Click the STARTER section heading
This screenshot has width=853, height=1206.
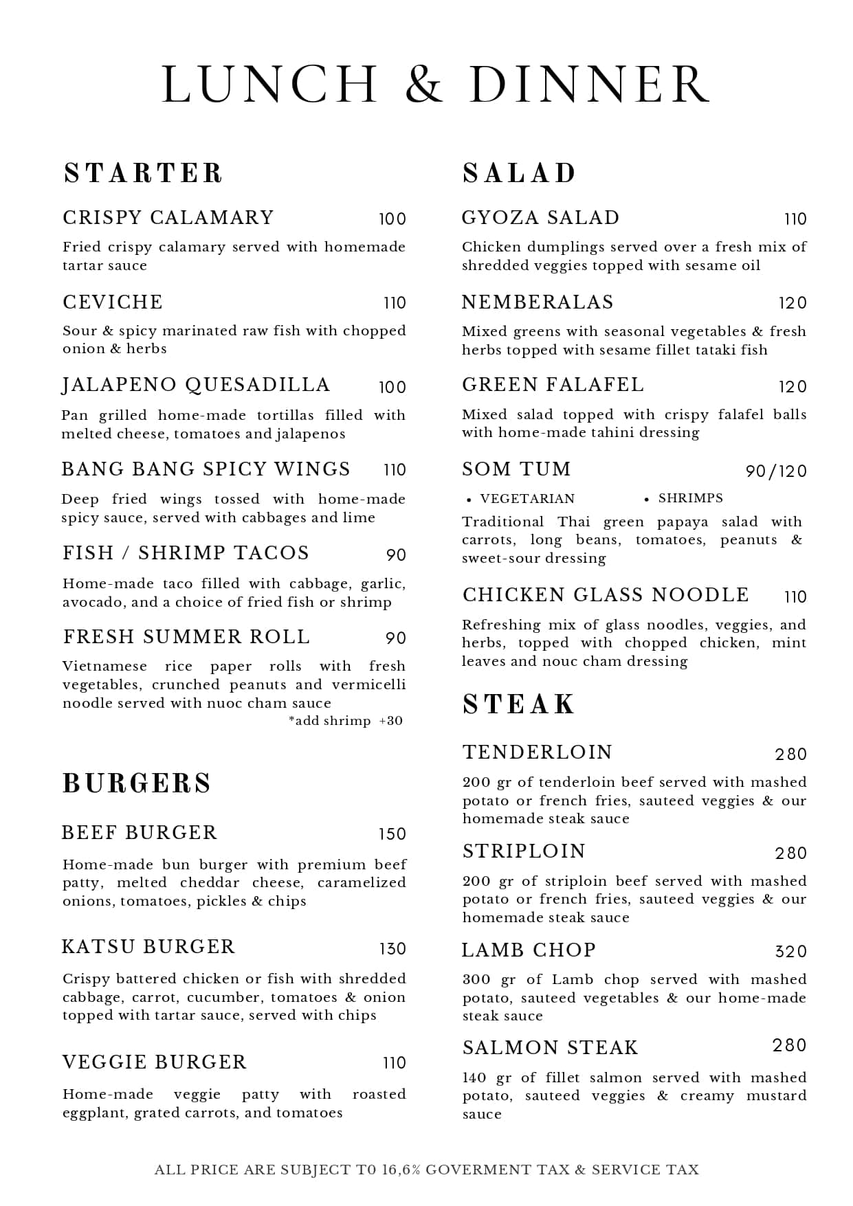pyautogui.click(x=144, y=173)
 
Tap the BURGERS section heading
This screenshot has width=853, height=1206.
pyautogui.click(x=137, y=783)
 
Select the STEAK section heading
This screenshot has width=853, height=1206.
pyautogui.click(x=518, y=704)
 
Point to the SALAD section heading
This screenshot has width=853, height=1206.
pyautogui.click(x=519, y=173)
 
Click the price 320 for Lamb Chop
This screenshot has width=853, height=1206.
pyautogui.click(x=790, y=952)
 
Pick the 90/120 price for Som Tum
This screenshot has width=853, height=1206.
pyautogui.click(x=776, y=471)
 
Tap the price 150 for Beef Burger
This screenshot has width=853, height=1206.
pyautogui.click(x=392, y=834)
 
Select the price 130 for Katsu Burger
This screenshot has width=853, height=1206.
pyautogui.click(x=392, y=949)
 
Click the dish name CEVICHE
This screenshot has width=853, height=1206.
pyautogui.click(x=113, y=302)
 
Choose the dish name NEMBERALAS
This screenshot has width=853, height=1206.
pyautogui.click(x=538, y=302)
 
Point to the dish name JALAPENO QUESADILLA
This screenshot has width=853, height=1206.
pyautogui.click(x=196, y=385)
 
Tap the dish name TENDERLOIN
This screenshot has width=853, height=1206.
pyautogui.click(x=538, y=752)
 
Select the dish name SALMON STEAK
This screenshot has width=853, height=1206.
pyautogui.click(x=550, y=1048)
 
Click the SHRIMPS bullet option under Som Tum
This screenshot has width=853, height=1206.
pyautogui.click(x=690, y=498)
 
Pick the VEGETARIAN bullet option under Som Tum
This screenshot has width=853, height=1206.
pyautogui.click(x=527, y=499)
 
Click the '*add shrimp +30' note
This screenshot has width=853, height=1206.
pyautogui.click(x=346, y=721)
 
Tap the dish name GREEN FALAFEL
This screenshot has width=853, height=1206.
pyautogui.click(x=553, y=385)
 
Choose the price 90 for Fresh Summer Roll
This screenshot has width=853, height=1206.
pyautogui.click(x=396, y=638)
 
